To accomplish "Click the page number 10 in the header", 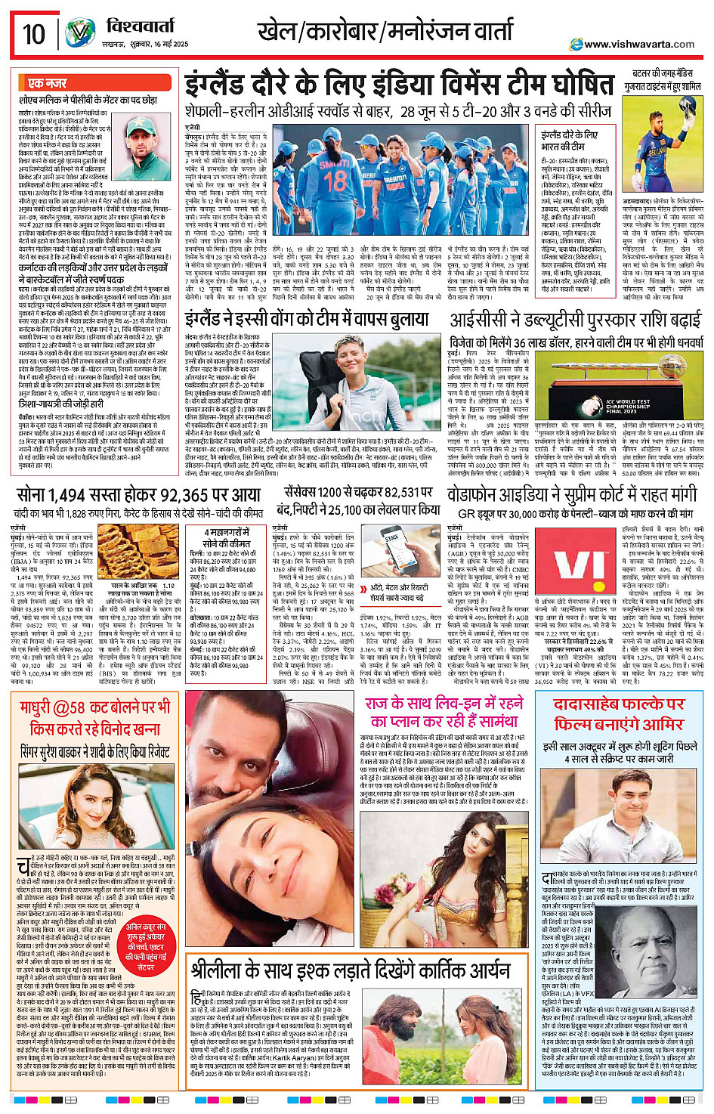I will click(x=34, y=34).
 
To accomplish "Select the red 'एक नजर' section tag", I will click(x=47, y=83).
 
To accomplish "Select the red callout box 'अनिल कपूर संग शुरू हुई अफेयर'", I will click(x=146, y=946).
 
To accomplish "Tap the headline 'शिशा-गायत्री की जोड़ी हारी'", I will click(x=60, y=404).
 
